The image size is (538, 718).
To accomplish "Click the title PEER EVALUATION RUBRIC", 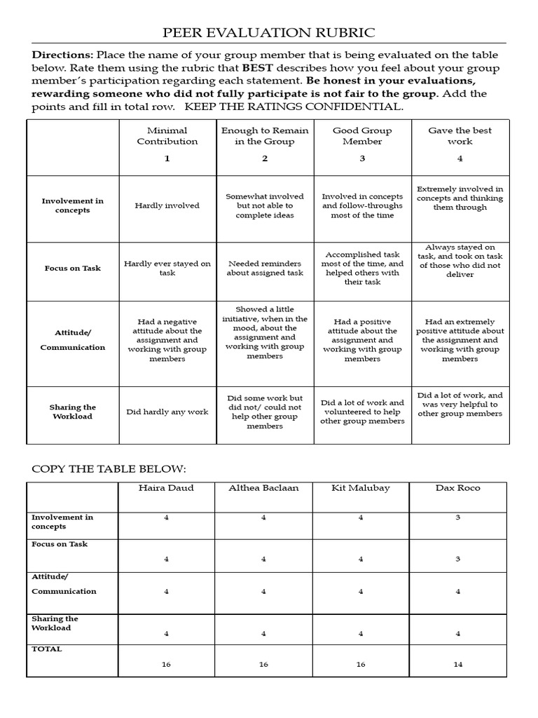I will (269, 33).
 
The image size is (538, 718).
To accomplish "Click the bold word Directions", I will (62, 55).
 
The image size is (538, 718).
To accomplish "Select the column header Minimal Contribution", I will (167, 136).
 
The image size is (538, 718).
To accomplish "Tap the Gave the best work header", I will (460, 136).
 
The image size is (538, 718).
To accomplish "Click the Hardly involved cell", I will (167, 205).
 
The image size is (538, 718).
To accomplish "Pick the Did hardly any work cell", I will (167, 412).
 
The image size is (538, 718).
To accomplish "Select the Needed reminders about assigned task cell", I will (265, 269).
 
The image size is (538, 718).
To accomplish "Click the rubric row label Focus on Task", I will (72, 269).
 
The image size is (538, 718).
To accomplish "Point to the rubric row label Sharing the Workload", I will (72, 412).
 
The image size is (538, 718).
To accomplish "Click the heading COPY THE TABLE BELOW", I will (109, 468).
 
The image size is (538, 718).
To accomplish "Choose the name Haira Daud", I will (166, 488).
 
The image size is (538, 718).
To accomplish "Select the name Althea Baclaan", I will (263, 488).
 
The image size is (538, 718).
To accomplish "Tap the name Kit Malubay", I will (361, 488).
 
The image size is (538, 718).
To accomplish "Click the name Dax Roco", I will (458, 488).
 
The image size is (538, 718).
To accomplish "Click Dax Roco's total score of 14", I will (458, 665).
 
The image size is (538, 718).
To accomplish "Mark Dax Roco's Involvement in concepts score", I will (458, 517).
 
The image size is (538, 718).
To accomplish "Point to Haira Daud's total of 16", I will (166, 665).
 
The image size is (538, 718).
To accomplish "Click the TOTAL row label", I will (46, 649).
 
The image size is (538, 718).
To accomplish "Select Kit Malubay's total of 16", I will (361, 665).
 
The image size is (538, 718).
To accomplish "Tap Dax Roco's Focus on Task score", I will (458, 559).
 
